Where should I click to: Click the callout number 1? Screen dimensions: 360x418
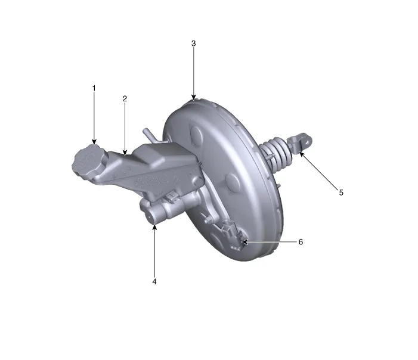[94, 88]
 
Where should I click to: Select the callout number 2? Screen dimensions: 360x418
[125, 99]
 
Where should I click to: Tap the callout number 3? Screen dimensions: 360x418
[193, 44]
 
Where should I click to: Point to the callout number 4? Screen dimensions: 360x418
[154, 281]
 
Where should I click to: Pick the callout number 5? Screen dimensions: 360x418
[341, 193]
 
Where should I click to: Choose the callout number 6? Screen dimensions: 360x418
[301, 242]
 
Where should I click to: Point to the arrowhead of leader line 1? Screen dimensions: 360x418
[94, 142]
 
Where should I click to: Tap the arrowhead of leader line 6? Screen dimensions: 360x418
[244, 242]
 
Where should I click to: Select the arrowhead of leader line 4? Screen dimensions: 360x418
[154, 225]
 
